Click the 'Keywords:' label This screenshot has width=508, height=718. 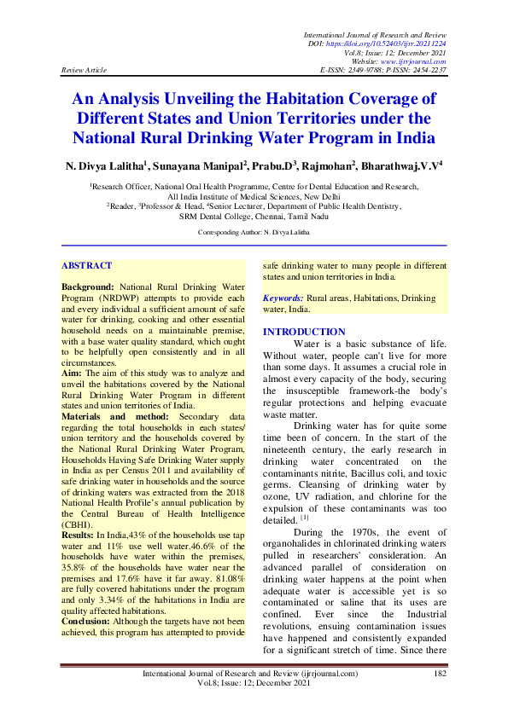coord(283,298)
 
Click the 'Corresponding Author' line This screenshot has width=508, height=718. coord(254,232)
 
